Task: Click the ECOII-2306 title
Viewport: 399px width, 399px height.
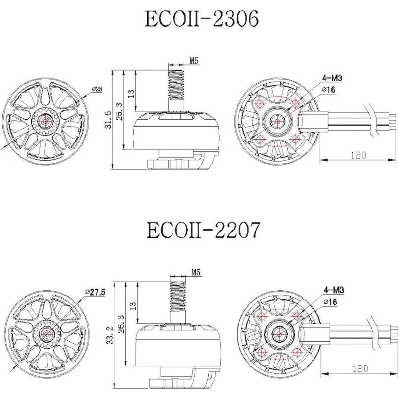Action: pos(202,19)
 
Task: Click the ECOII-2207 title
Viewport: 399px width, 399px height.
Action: pos(203,230)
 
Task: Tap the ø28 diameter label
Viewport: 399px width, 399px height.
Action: pos(97,89)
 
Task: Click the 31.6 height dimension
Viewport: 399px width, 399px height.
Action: pos(108,119)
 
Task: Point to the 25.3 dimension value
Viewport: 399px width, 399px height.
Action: pos(119,111)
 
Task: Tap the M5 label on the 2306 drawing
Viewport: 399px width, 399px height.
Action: pos(194,61)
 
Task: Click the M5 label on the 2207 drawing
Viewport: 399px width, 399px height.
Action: pos(196,272)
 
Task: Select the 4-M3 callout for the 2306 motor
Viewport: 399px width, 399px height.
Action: pos(332,78)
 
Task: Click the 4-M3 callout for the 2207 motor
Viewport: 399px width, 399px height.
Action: pos(334,290)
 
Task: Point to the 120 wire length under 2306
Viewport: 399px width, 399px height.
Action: pos(358,155)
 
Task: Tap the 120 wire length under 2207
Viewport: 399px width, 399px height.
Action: pos(360,369)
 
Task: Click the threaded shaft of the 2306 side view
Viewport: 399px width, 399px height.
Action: pos(177,85)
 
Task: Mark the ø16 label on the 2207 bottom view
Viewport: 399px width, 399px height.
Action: pos(330,302)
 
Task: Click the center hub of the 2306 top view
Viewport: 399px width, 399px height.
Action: pos(45,120)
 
